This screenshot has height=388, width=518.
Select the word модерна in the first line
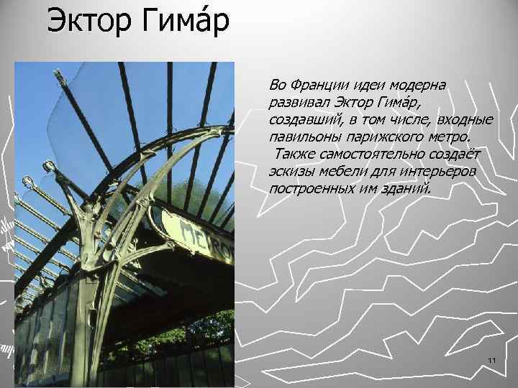[x=417, y=86]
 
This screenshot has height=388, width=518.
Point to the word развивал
[x=297, y=103]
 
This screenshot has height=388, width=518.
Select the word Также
[x=292, y=154]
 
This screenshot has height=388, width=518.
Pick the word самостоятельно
[x=372, y=154]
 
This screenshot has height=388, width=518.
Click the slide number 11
[x=492, y=359]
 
